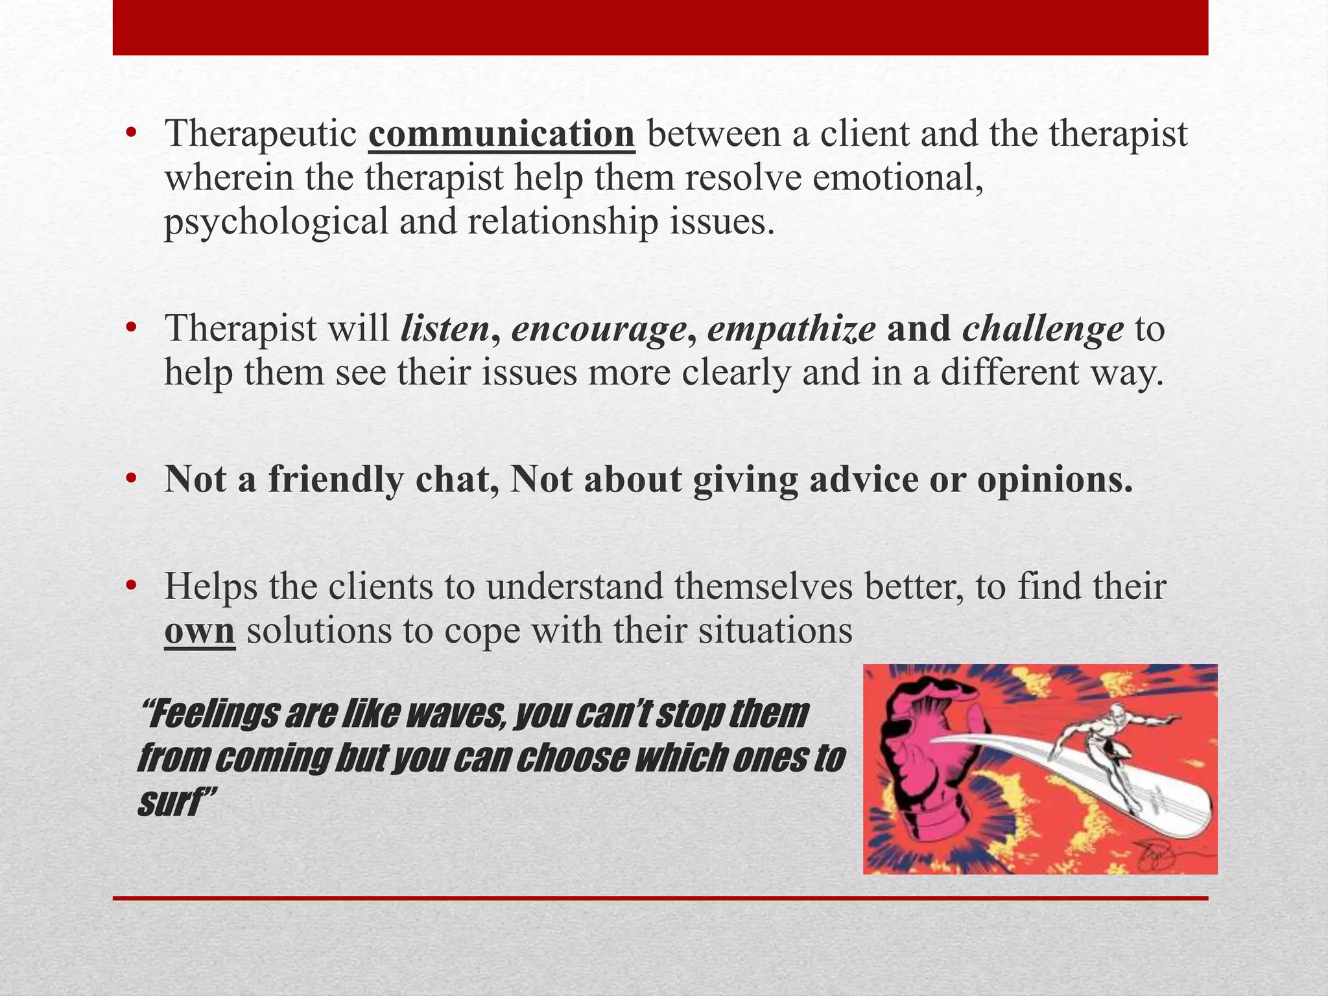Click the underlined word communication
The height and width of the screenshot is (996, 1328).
coord(501,134)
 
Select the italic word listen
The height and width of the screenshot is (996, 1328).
coord(445,329)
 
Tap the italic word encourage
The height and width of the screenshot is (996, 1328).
coord(599,329)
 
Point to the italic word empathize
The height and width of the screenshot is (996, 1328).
coord(791,329)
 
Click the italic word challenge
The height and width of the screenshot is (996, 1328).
coord(1043,329)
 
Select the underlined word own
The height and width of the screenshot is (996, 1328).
coord(199,631)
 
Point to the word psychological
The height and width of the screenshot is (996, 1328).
coord(276,222)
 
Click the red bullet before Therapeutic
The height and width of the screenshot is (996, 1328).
coord(132,134)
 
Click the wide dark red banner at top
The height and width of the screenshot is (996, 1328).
coord(660,27)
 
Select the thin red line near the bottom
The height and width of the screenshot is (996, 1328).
coord(660,898)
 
